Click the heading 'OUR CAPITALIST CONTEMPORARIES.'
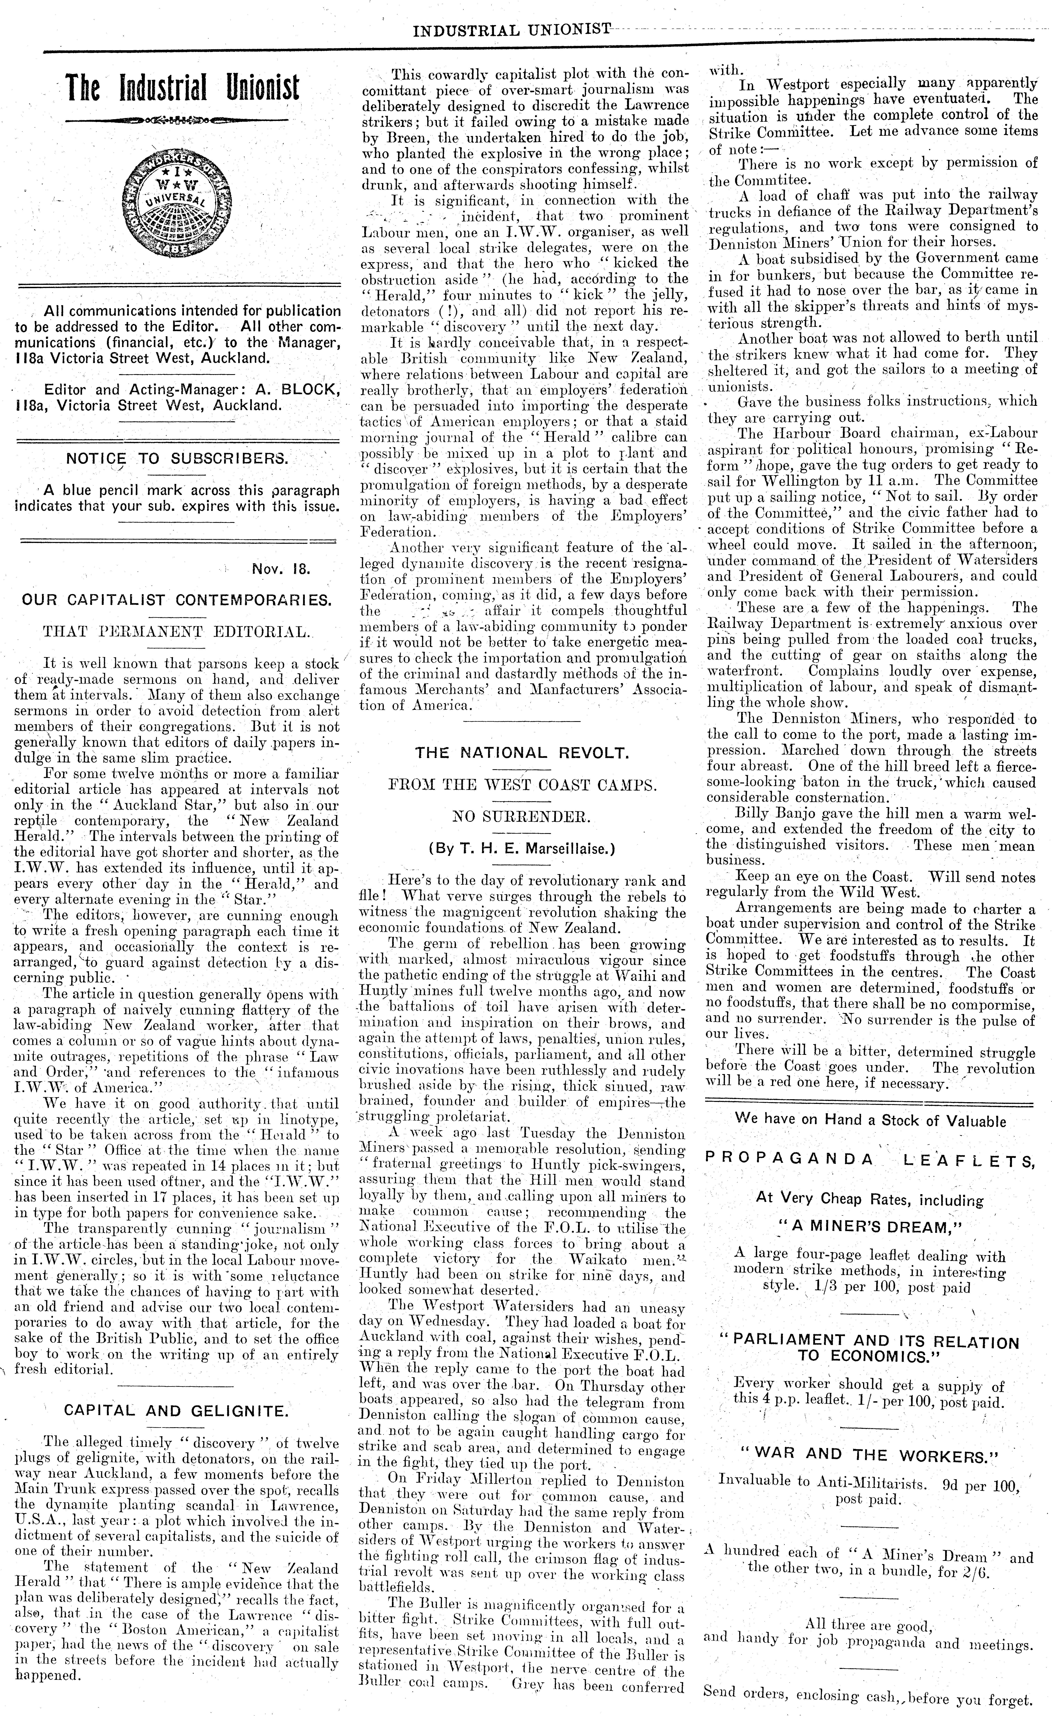click(177, 600)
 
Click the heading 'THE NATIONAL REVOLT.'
click(522, 752)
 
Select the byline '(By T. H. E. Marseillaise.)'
click(522, 848)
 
